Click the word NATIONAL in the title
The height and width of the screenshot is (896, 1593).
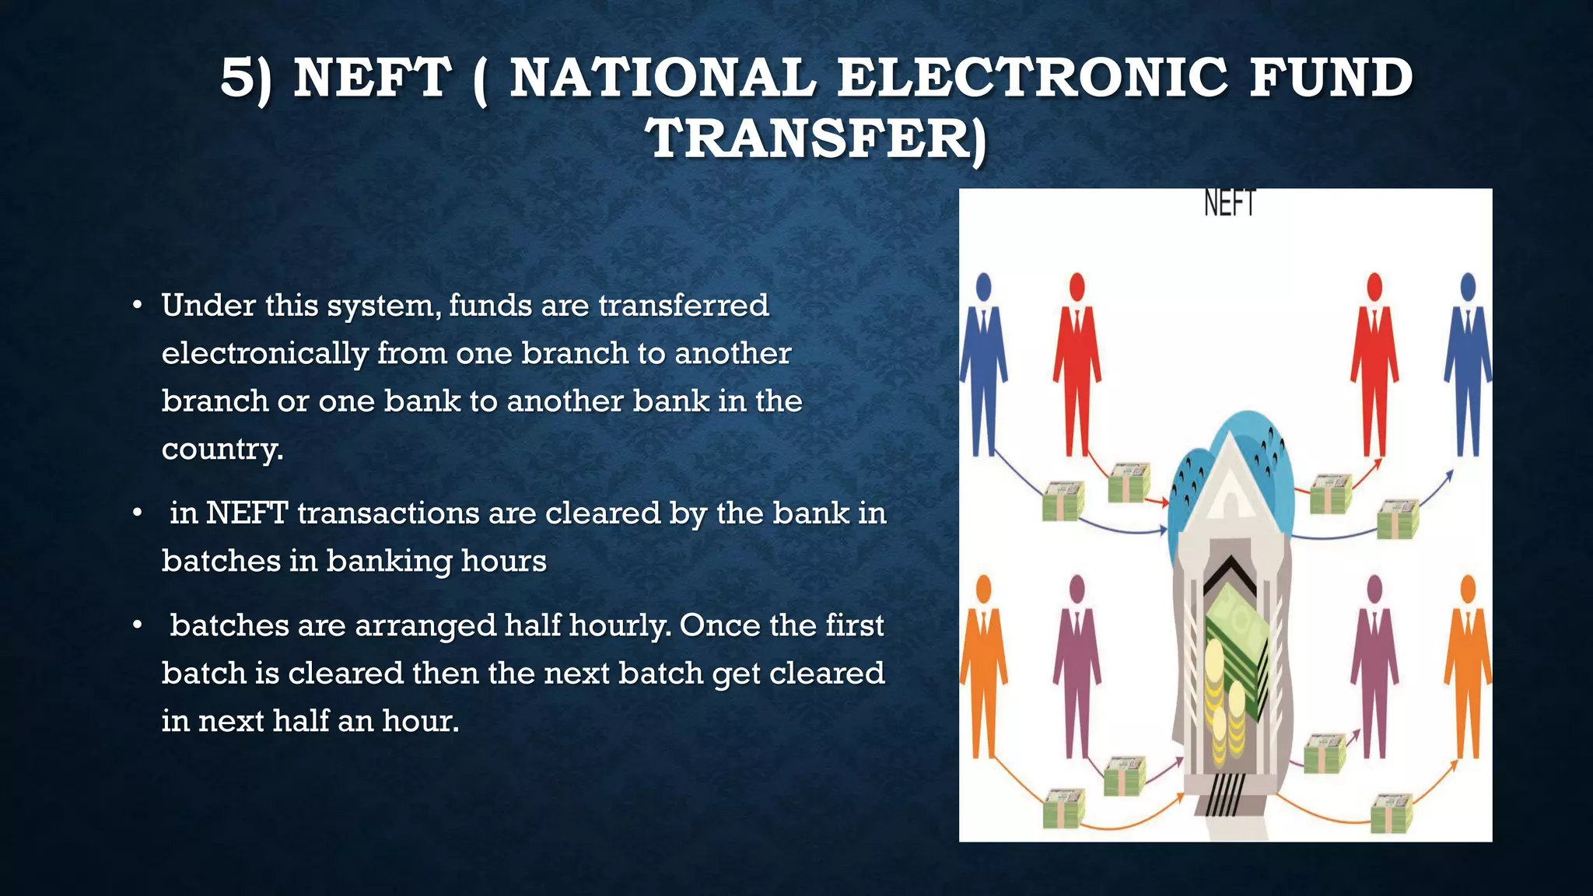pyautogui.click(x=663, y=79)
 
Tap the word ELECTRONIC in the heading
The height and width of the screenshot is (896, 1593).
pyautogui.click(x=1032, y=79)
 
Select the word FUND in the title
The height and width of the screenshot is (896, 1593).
pyautogui.click(x=1331, y=79)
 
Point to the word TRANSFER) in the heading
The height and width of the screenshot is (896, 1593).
pyautogui.click(x=818, y=139)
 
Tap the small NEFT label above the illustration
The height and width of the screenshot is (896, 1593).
pyautogui.click(x=1230, y=204)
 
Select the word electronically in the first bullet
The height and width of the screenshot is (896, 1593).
pyautogui.click(x=264, y=354)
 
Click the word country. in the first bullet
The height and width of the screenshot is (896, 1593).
pyautogui.click(x=222, y=449)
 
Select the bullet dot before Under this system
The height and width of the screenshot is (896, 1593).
pyautogui.click(x=137, y=306)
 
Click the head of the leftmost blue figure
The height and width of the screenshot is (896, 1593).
pyautogui.click(x=984, y=285)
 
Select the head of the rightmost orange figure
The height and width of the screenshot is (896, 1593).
pyautogui.click(x=1468, y=589)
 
